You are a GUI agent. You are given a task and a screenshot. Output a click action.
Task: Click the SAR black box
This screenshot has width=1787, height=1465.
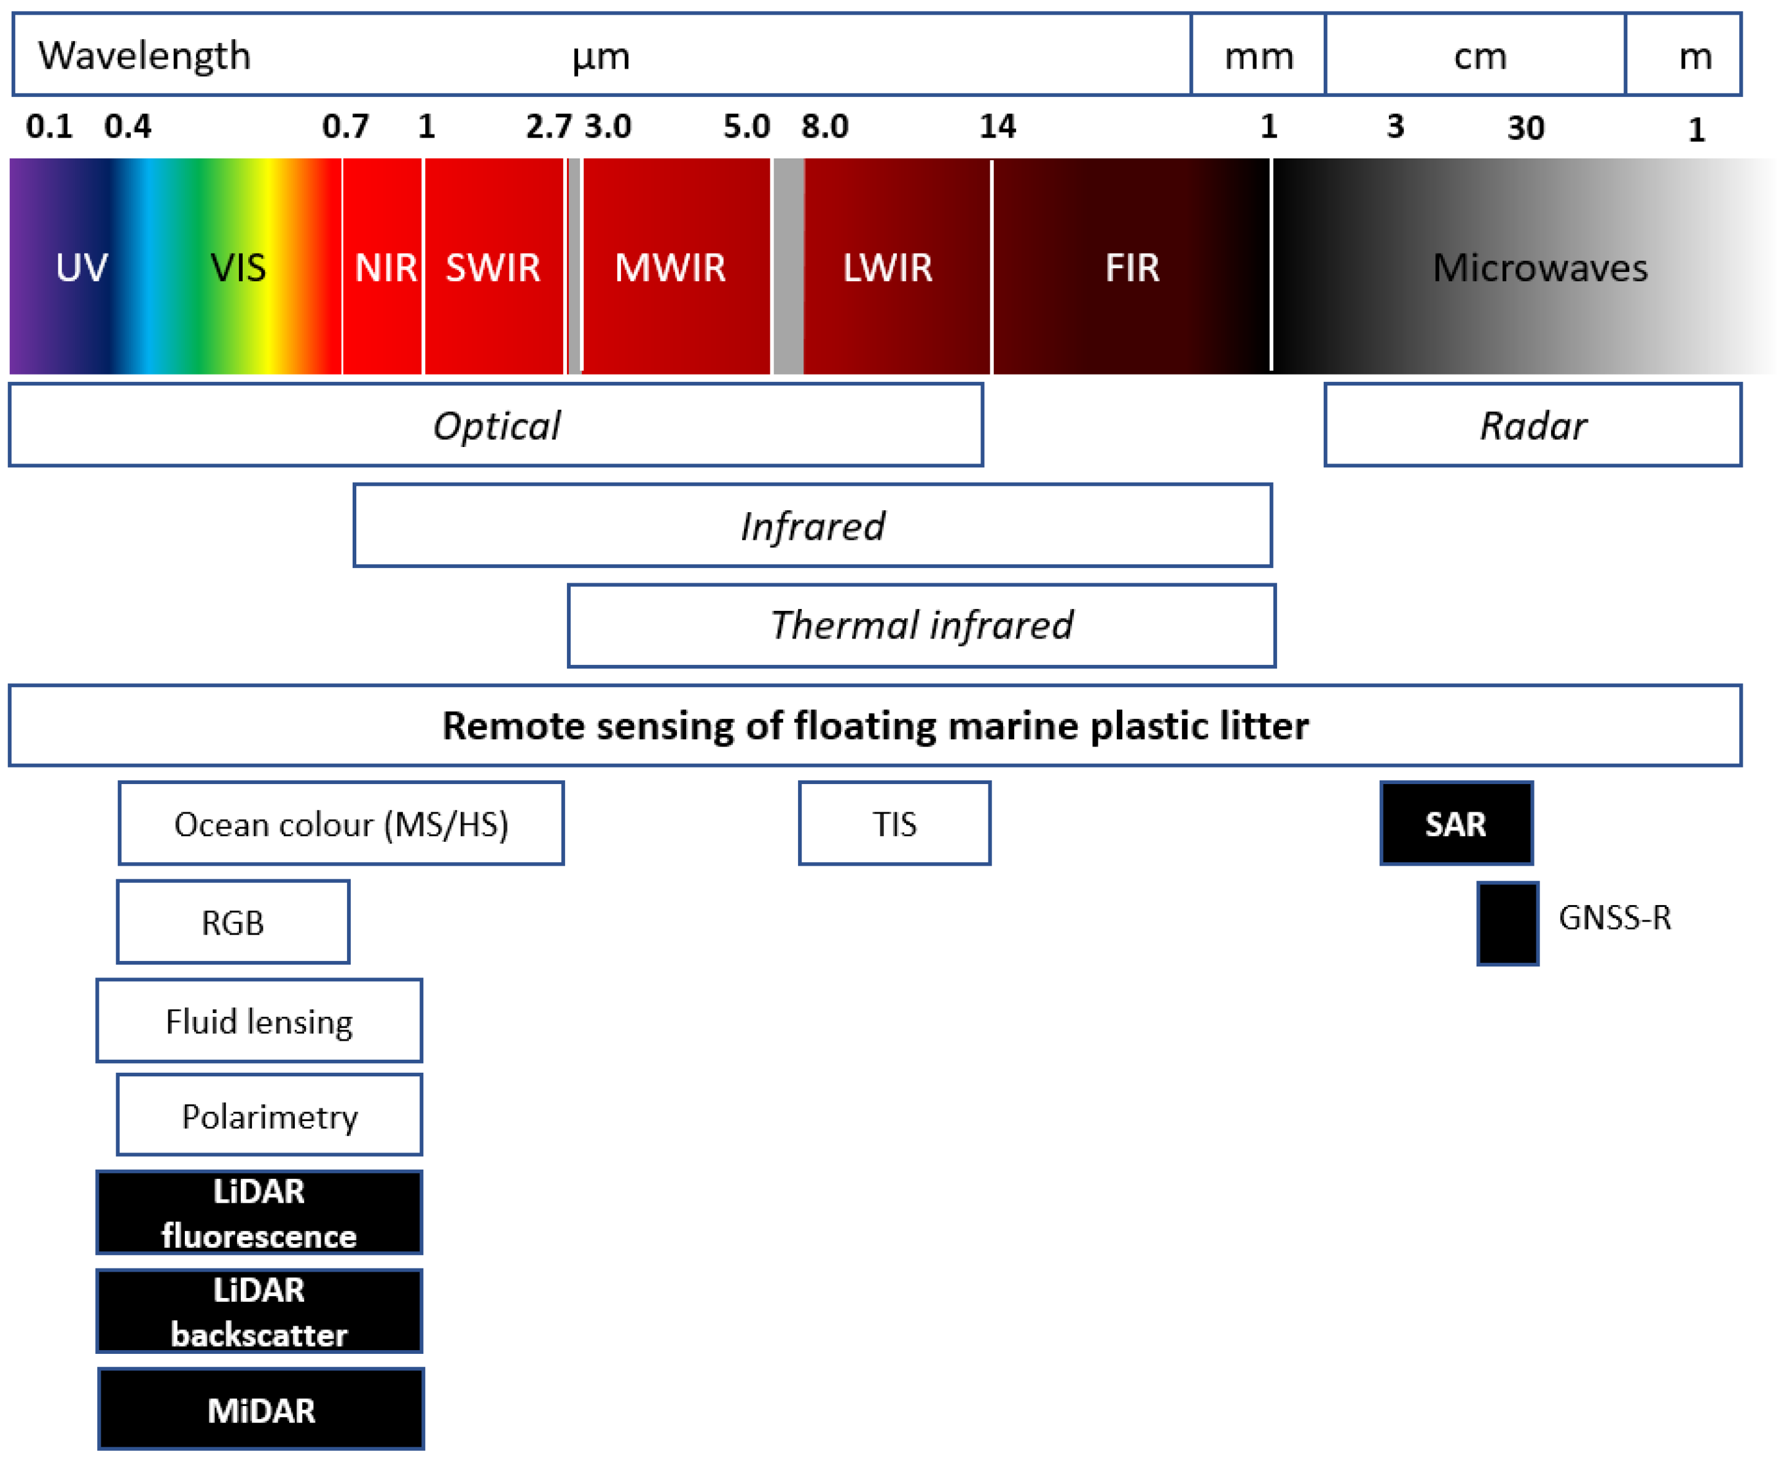point(1455,823)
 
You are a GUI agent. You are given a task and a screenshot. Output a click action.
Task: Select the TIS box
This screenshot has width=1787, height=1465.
point(894,823)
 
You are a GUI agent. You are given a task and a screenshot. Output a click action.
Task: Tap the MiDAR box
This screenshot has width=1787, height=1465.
point(261,1410)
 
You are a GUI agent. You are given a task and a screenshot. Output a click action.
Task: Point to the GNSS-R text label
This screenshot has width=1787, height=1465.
point(1614,917)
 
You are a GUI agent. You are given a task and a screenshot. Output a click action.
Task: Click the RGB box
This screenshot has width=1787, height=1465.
point(233,922)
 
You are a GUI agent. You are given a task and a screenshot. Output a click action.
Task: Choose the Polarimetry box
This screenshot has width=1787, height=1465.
point(269,1116)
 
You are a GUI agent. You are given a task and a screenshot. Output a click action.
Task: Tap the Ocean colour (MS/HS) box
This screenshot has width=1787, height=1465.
point(341,823)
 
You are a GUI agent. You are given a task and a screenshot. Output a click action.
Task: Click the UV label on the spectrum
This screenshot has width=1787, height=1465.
point(81,268)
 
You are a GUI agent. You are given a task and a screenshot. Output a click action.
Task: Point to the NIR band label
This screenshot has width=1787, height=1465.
point(385,268)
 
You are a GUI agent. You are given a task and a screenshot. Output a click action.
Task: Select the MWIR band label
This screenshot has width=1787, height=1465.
point(670,268)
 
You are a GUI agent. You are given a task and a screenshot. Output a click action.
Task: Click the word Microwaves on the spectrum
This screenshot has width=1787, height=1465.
point(1539,268)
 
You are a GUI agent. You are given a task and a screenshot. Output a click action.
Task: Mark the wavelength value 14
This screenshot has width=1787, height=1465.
point(997,126)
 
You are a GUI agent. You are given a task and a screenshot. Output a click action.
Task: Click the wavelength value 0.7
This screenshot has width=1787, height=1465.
point(345,126)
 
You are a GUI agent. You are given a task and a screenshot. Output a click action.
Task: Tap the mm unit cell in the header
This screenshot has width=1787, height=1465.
point(1259,56)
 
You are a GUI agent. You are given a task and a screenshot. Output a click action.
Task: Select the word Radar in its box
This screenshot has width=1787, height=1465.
point(1533,426)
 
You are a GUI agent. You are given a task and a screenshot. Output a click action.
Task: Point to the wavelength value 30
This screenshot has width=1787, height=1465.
point(1525,128)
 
